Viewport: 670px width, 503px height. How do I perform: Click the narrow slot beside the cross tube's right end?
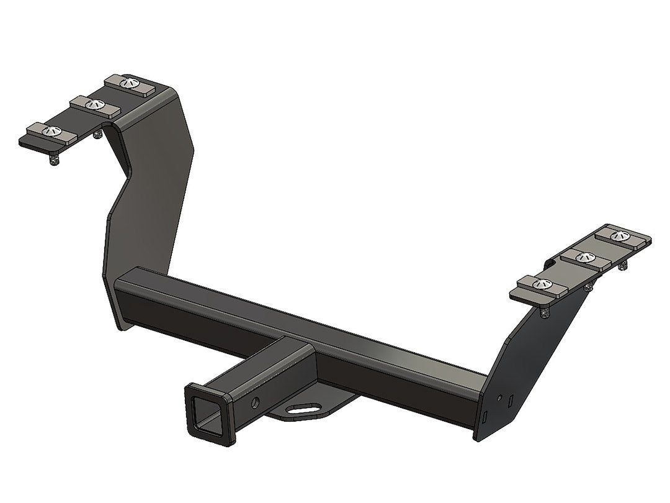[x=486, y=413]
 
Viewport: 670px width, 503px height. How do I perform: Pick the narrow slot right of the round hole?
[x=509, y=402]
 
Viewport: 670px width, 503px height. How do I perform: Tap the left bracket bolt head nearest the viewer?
[x=52, y=130]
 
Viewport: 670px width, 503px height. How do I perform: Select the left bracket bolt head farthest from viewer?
[x=128, y=82]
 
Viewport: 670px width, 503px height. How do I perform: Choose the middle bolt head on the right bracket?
[x=583, y=256]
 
